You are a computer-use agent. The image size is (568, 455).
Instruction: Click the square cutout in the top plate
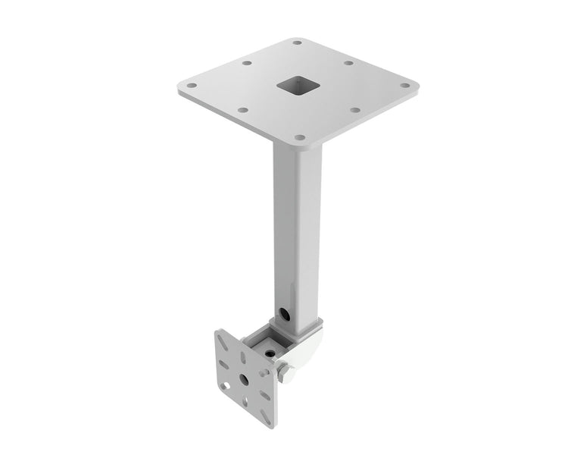point(295,86)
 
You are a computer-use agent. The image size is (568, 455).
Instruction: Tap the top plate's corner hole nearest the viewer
point(299,138)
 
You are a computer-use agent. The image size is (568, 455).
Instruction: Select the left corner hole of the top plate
point(192,86)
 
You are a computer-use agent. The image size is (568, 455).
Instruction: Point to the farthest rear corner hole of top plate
point(297,42)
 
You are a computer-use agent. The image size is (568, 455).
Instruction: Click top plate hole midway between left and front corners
point(242,110)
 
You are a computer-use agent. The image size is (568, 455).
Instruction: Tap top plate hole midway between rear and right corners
point(348,62)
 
